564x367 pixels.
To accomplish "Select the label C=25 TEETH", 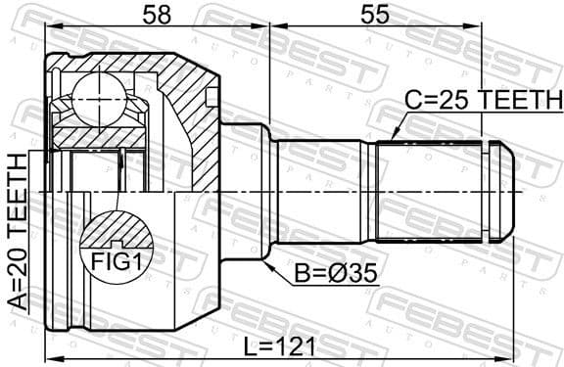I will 485,101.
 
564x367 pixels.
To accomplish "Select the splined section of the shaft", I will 431,190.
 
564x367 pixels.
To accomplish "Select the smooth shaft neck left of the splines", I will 323,190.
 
